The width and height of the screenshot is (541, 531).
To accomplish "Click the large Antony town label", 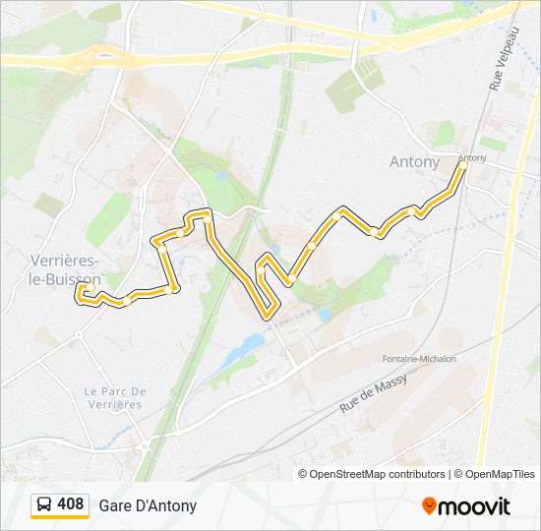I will pos(415,161).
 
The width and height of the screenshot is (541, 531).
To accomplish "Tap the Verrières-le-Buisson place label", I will pos(65,269).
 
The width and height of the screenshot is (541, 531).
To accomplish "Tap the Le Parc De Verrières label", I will pos(115,397).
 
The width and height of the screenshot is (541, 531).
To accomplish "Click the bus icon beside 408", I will pos(44,505).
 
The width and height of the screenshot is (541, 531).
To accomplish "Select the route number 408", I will pos(71,505).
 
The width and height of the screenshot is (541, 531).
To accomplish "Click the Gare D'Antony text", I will pos(148,505).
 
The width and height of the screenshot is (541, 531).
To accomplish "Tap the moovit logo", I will pos(466,506).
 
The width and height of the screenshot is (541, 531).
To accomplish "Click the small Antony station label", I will pos(472,157).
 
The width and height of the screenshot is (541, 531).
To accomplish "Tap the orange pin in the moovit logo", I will pos(429,506).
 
